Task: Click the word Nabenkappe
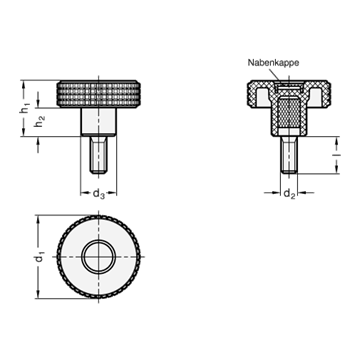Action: click(x=273, y=63)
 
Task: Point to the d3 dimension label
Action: click(x=98, y=193)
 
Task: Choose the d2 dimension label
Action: click(x=289, y=193)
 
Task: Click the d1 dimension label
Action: click(x=40, y=257)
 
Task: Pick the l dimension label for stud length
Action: click(x=337, y=155)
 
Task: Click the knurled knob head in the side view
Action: click(x=98, y=94)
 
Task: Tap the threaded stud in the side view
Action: click(x=98, y=155)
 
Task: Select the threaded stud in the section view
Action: click(x=289, y=155)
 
